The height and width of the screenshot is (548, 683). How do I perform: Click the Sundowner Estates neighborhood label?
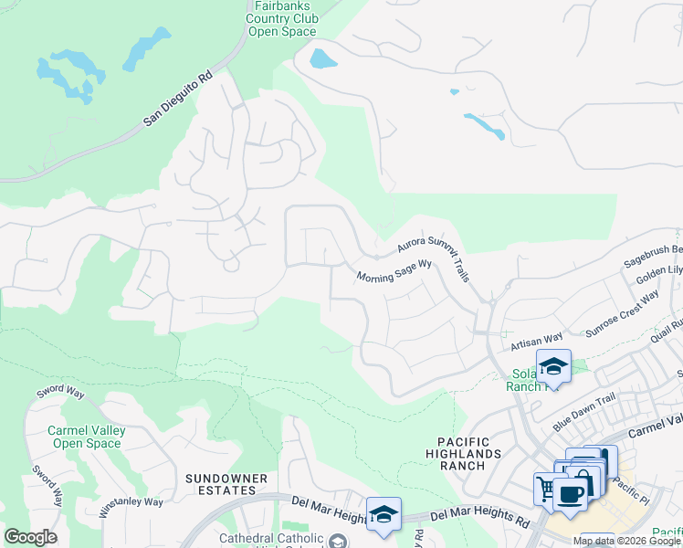(x=226, y=485)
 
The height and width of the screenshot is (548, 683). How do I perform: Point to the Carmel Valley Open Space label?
(x=73, y=437)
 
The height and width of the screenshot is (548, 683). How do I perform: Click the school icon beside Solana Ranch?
(x=552, y=366)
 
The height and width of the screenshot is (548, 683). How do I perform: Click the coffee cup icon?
(x=571, y=494)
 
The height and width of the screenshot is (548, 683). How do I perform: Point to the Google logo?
(x=30, y=537)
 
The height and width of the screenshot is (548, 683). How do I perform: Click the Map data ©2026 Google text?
(x=625, y=541)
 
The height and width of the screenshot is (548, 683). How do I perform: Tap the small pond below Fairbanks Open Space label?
(x=322, y=59)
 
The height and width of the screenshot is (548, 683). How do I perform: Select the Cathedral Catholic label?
(x=270, y=540)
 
